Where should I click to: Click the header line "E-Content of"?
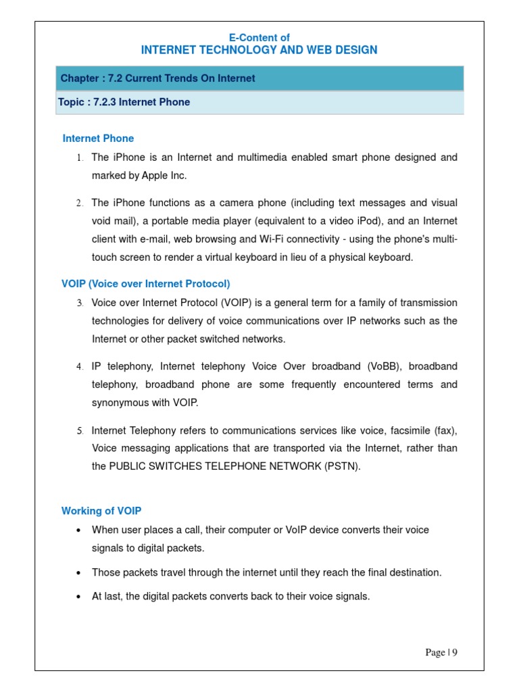259,38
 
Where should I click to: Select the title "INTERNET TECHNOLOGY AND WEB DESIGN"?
259,50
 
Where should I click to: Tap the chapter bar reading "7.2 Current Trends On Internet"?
158,78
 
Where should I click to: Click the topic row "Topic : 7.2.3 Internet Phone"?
125,102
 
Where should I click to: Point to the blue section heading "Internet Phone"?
98,139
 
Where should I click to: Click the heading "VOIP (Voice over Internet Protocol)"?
146,284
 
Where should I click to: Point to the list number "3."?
79,303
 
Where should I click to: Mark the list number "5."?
79,430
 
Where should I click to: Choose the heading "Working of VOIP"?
101,511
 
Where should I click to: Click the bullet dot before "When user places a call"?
79,530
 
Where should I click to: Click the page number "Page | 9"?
441,652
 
